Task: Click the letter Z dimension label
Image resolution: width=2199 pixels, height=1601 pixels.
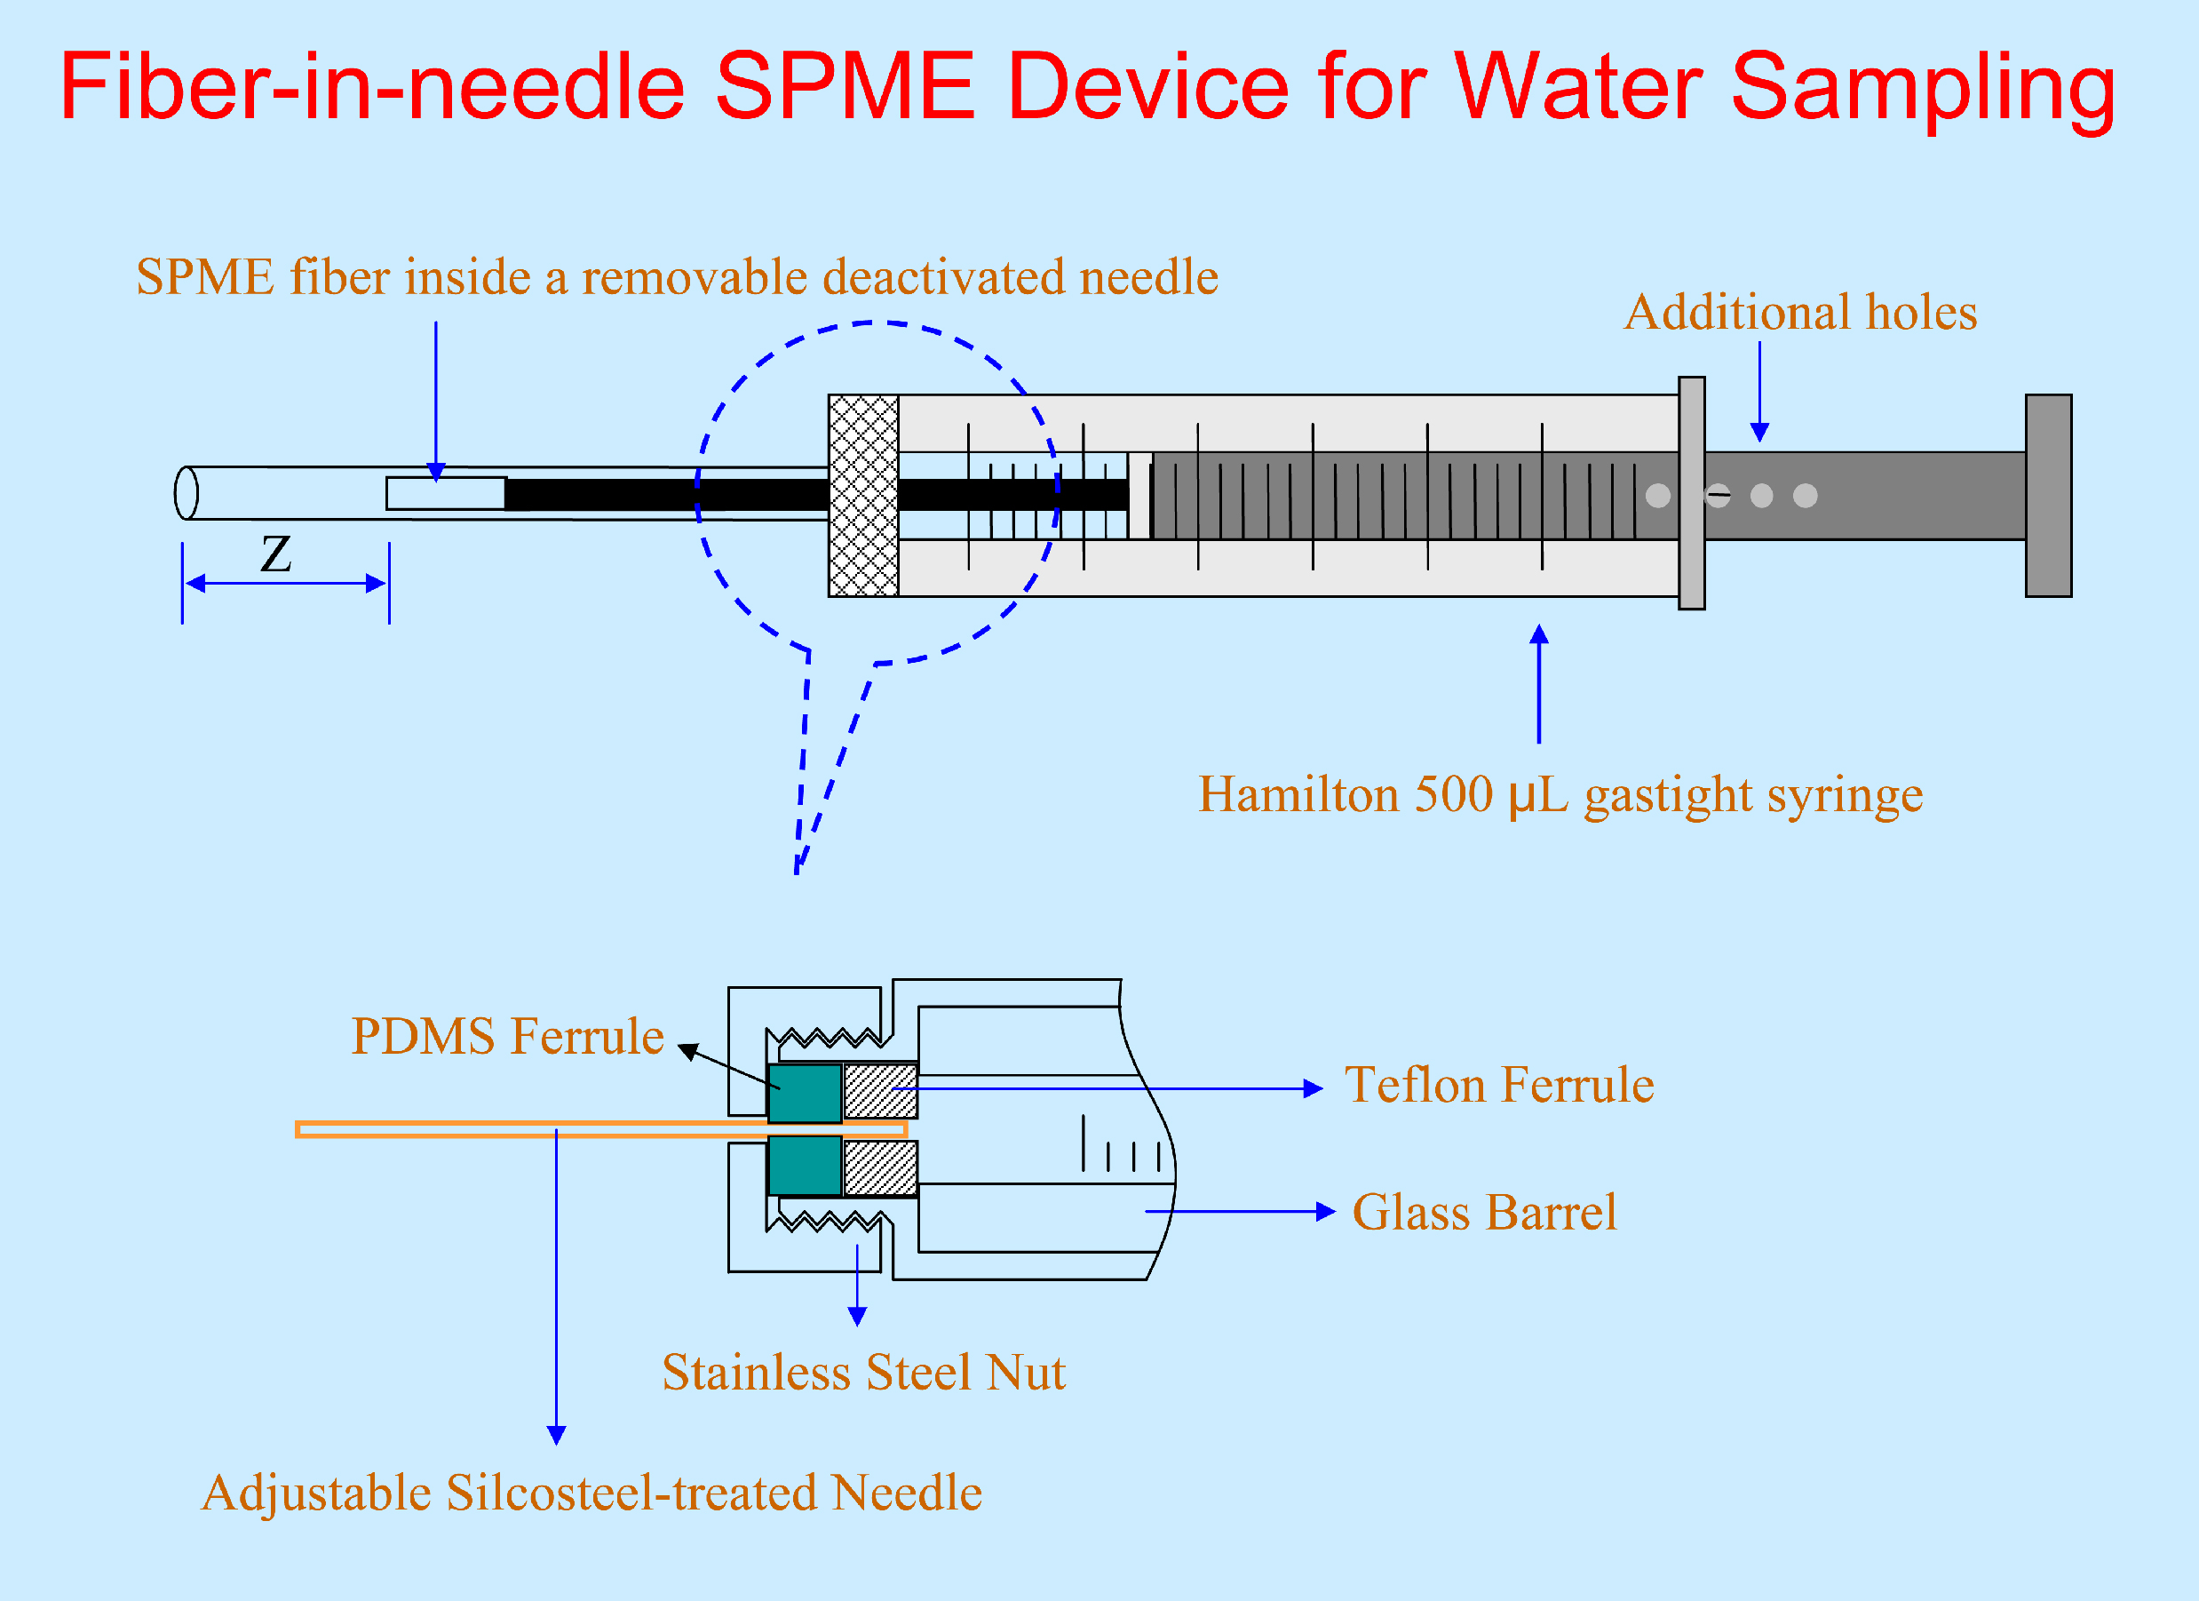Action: [x=276, y=554]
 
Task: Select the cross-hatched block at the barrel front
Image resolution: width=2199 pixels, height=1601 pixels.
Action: [x=863, y=496]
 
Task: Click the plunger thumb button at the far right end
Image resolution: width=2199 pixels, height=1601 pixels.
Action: [x=2048, y=496]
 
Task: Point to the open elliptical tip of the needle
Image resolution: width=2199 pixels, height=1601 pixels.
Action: [x=187, y=494]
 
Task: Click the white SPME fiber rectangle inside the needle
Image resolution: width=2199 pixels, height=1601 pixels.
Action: [x=445, y=494]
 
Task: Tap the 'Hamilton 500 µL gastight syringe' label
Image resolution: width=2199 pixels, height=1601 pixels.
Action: [x=1560, y=794]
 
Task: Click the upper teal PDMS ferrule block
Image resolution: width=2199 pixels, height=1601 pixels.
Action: [x=804, y=1093]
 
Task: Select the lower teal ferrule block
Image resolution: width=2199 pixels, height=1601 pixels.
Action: [x=804, y=1167]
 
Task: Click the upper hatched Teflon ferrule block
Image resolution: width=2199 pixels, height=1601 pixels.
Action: [x=879, y=1091]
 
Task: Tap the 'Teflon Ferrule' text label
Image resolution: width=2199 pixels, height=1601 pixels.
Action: [x=1499, y=1085]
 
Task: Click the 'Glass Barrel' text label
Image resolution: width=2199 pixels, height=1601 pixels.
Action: [x=1484, y=1212]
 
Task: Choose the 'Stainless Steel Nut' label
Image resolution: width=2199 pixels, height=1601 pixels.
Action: [x=863, y=1372]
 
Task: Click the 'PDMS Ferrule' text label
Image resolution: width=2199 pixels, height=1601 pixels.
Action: [x=507, y=1037]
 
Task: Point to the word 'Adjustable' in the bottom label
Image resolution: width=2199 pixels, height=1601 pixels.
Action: [x=316, y=1493]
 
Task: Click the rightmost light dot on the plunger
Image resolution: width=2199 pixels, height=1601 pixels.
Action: [x=1805, y=496]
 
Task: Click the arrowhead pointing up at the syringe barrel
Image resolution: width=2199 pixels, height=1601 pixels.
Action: [x=1539, y=635]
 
